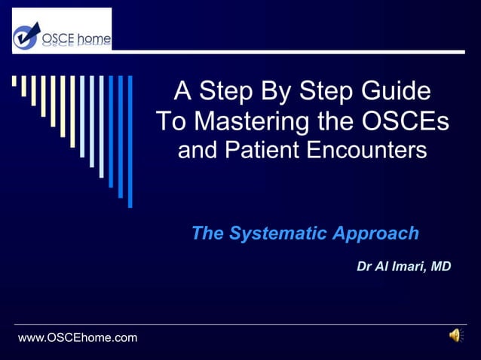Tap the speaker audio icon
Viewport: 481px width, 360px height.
point(455,336)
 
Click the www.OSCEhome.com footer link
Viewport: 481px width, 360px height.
point(78,337)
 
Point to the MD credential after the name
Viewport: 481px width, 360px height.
point(440,267)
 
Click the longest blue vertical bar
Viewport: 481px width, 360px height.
point(130,141)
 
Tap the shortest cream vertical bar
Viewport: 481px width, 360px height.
point(14,81)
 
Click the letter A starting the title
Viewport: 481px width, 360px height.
point(182,92)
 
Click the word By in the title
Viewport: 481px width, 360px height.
point(274,92)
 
